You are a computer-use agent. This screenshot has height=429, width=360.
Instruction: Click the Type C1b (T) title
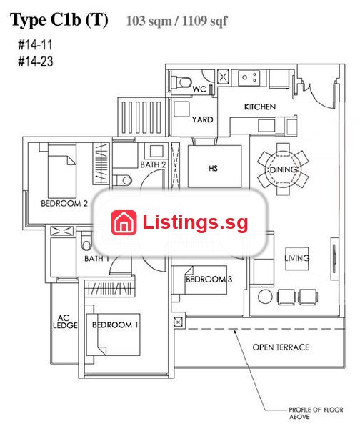59,20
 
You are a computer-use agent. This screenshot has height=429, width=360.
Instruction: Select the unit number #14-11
35,45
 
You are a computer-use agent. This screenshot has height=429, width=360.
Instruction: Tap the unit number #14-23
36,61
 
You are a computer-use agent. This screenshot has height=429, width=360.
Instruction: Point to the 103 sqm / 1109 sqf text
176,21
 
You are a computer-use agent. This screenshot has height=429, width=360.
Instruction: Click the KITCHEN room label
260,107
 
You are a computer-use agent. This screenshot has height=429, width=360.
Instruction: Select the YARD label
202,119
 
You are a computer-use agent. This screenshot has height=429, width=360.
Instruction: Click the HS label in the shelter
213,168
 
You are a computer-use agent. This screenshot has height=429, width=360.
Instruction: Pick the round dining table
283,169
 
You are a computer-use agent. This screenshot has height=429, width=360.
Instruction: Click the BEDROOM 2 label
64,203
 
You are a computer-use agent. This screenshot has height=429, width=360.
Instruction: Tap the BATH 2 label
153,164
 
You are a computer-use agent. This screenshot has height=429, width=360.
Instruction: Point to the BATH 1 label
96,259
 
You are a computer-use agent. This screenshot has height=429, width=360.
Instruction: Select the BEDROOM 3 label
209,280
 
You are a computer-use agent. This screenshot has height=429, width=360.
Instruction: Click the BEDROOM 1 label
115,325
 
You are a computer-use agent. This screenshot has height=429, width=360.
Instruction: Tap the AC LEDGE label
65,322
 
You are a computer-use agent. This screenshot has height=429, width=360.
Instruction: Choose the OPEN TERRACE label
281,347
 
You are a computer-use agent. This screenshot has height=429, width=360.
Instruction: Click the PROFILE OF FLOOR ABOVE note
316,413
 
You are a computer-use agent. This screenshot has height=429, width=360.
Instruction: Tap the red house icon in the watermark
124,222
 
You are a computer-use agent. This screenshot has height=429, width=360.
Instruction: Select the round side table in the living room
265,297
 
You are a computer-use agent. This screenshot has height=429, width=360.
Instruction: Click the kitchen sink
249,78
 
